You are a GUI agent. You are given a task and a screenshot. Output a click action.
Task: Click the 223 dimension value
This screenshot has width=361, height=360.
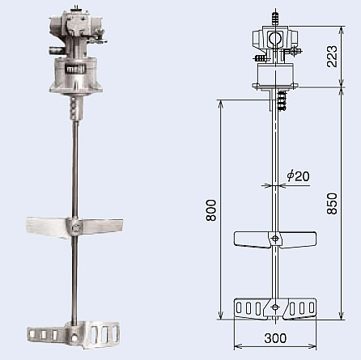coord(332,57)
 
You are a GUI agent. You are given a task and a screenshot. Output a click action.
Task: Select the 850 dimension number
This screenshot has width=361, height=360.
coord(332,204)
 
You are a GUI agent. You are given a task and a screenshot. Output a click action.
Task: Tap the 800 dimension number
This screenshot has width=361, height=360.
coord(211,210)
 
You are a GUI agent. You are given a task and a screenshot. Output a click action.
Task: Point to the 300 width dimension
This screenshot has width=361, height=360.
coord(275,338)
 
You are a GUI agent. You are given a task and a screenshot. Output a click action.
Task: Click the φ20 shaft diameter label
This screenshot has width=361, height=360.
coord(298,176)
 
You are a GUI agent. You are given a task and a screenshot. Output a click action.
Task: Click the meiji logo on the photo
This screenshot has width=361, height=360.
coord(76,70)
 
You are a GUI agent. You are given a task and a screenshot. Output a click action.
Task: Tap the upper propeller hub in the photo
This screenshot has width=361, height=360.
coord(74,227)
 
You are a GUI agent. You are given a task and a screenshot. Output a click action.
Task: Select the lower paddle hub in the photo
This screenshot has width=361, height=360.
coord(74,335)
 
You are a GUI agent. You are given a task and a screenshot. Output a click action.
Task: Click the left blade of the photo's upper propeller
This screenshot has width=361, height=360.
coord(47,227)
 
